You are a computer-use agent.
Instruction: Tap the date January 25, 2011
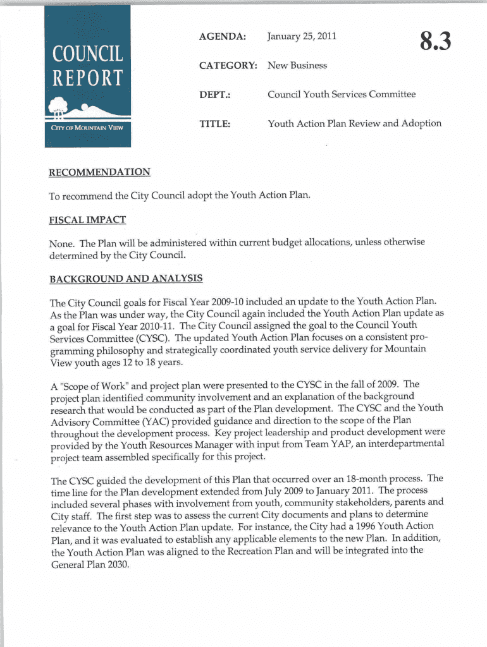coord(302,36)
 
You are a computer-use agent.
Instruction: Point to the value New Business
coord(297,65)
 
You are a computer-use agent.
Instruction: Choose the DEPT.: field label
coord(215,95)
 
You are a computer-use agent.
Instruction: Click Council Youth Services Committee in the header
coord(342,94)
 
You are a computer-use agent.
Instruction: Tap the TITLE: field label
coord(214,124)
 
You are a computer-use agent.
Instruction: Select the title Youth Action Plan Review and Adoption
coord(354,123)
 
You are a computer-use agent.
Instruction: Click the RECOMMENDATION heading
coord(99,172)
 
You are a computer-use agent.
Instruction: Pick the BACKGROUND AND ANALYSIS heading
coord(126,278)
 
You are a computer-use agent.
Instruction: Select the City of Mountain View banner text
coord(87,127)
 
